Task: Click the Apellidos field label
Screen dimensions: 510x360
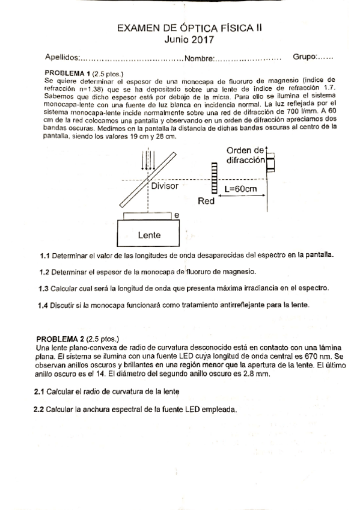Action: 62,58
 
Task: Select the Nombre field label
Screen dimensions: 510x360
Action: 199,58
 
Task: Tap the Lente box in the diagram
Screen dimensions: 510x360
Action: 149,233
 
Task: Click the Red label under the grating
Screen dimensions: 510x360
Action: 206,201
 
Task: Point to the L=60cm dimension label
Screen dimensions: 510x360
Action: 240,188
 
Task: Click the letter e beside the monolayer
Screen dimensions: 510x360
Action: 176,215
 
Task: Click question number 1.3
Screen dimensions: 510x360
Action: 44,288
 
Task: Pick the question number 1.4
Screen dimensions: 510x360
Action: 44,305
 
